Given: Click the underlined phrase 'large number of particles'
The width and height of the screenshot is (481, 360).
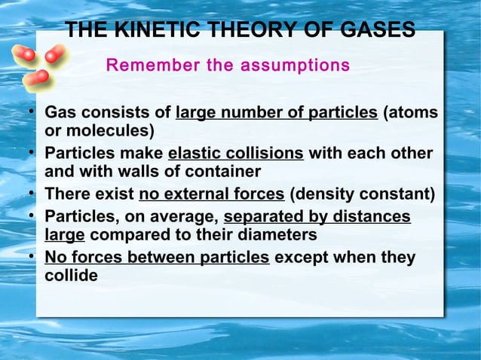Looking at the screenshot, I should coord(276,114).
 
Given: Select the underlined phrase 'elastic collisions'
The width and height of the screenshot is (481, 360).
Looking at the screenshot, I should coord(235,154).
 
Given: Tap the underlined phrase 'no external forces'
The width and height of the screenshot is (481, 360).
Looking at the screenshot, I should coord(211,195).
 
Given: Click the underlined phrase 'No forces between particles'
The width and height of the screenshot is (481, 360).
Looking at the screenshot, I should coord(157,258).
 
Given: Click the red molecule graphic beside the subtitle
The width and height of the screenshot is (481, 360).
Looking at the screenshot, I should coord(41,64).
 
